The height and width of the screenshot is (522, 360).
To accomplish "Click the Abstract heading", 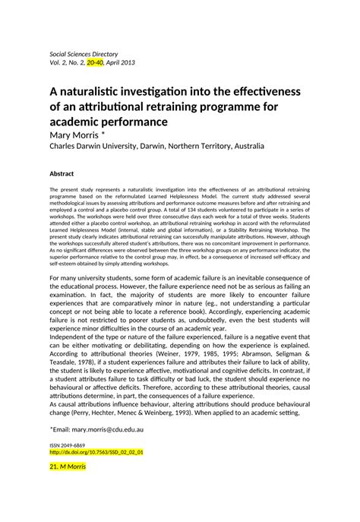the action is [62, 173].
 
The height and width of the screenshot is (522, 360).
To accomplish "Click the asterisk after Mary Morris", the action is [110, 134].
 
